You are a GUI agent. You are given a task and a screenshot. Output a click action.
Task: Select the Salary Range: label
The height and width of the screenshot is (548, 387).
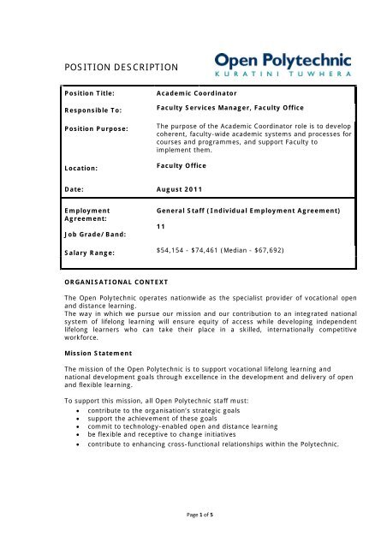[x=92, y=253]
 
